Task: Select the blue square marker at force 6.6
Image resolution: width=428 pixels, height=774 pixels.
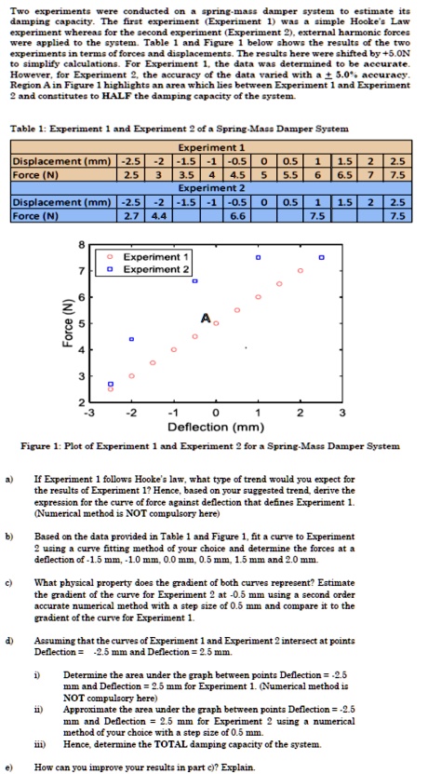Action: pyautogui.click(x=195, y=280)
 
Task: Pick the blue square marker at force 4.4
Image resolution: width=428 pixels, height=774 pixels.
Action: pyautogui.click(x=131, y=339)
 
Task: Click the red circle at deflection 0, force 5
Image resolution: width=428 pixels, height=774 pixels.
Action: pyautogui.click(x=216, y=323)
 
